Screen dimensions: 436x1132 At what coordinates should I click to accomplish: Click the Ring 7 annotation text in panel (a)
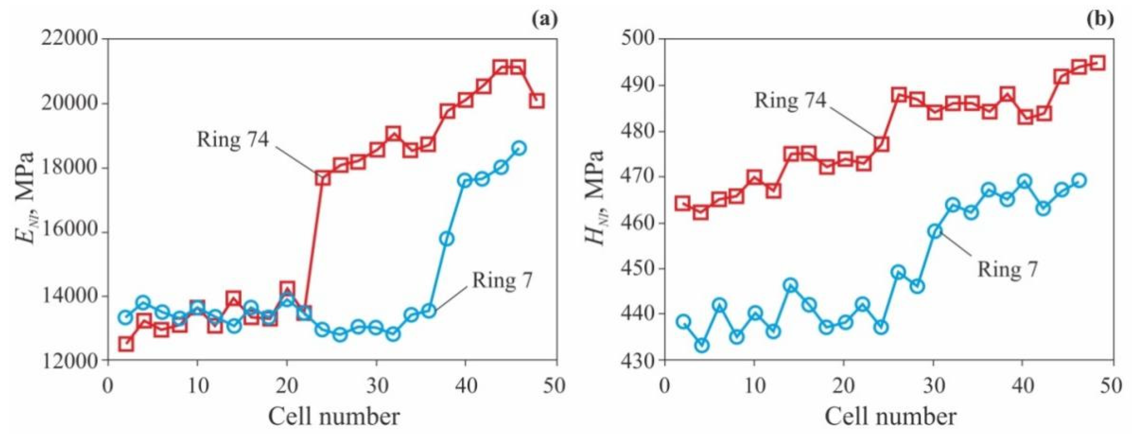(502, 280)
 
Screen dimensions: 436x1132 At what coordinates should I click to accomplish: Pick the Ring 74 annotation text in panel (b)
(790, 100)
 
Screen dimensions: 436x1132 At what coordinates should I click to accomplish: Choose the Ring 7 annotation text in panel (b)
(1007, 268)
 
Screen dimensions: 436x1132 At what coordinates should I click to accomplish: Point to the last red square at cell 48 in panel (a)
(537, 101)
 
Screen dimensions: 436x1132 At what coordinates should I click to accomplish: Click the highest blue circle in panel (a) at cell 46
(519, 148)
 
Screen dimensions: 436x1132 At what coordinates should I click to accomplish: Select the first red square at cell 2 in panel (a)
(126, 344)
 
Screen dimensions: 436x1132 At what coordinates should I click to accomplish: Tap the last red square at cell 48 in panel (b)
(1098, 63)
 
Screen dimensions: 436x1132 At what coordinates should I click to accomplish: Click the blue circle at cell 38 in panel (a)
(447, 239)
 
